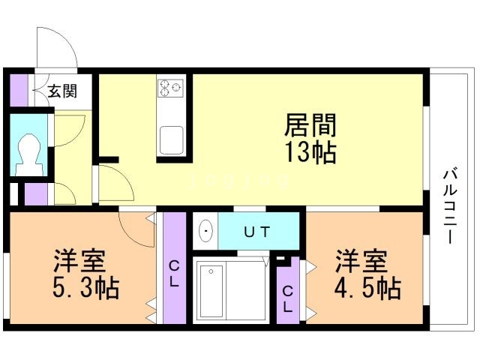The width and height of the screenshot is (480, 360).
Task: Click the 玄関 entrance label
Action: click(x=62, y=91)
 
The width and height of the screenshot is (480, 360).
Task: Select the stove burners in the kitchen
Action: click(x=170, y=88)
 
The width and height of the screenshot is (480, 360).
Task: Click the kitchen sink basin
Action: click(x=171, y=139)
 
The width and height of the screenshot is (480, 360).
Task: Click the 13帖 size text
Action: click(x=309, y=152)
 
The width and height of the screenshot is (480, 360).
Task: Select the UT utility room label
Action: click(x=256, y=232)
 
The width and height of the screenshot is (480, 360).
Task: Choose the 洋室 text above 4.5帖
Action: click(x=361, y=262)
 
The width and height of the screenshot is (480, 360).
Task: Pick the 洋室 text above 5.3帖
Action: click(x=79, y=262)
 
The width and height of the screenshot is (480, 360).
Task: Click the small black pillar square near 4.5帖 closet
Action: click(x=281, y=260)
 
